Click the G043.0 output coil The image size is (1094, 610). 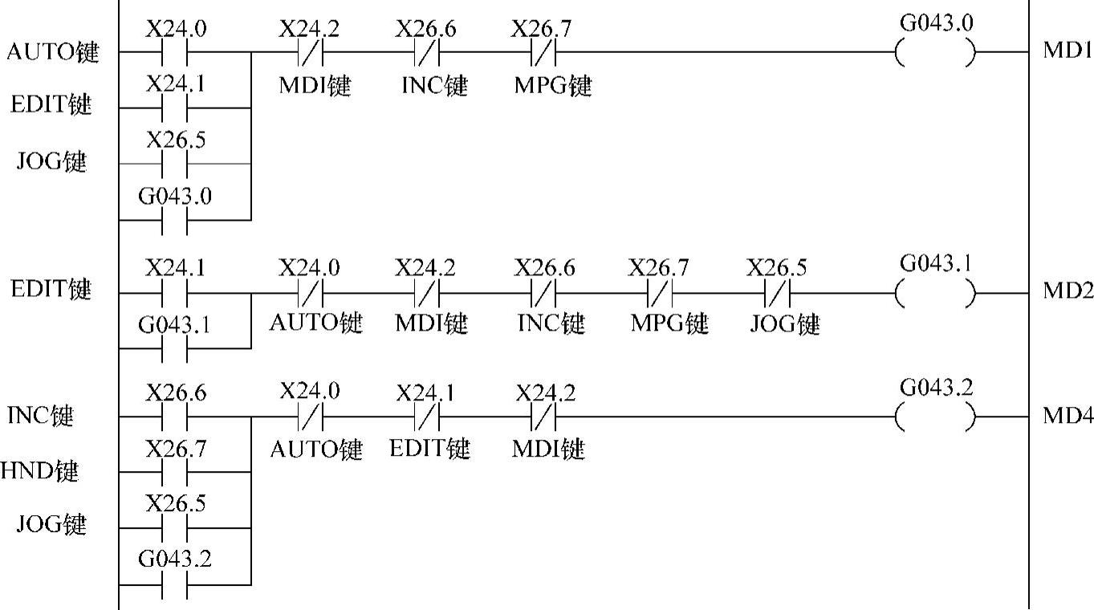point(936,53)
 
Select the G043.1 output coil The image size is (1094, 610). point(936,293)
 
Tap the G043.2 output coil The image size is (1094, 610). point(936,417)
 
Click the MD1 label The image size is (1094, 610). point(1068,51)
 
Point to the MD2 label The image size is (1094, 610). point(1068,291)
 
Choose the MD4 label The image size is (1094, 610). point(1068,417)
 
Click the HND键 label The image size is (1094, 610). point(39,471)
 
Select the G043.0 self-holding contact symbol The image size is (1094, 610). point(175,220)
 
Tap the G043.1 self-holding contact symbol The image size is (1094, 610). point(175,349)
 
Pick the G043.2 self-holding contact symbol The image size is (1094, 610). point(175,584)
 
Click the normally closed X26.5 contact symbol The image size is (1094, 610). point(778,294)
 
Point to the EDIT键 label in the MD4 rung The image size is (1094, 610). point(430,448)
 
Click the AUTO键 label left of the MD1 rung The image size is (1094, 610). point(53,53)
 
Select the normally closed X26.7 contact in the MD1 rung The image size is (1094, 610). point(542,53)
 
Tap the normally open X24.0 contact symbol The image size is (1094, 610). point(175,53)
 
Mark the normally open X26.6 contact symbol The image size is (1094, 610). point(175,417)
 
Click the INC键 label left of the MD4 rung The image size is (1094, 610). point(41,417)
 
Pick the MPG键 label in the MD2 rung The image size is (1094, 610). point(669,323)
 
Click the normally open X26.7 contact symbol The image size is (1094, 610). point(175,474)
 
